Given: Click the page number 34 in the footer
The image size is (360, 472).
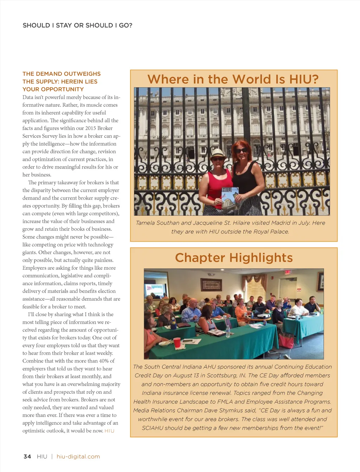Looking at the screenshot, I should coord(27,457).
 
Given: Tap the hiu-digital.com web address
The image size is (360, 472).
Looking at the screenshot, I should coord(78,457).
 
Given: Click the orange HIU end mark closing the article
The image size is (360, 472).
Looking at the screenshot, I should coord(109,431).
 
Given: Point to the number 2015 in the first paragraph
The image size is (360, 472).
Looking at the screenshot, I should coord(91,128).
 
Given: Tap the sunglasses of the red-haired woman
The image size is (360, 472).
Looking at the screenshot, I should coord(241,151).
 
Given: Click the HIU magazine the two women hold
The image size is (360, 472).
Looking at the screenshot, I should coord(230,199).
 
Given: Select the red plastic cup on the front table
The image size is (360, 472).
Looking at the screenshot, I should coord(177,342).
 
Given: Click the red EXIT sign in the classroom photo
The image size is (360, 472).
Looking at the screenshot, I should coord(288,272).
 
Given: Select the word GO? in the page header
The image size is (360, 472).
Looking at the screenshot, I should coord(126,25).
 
